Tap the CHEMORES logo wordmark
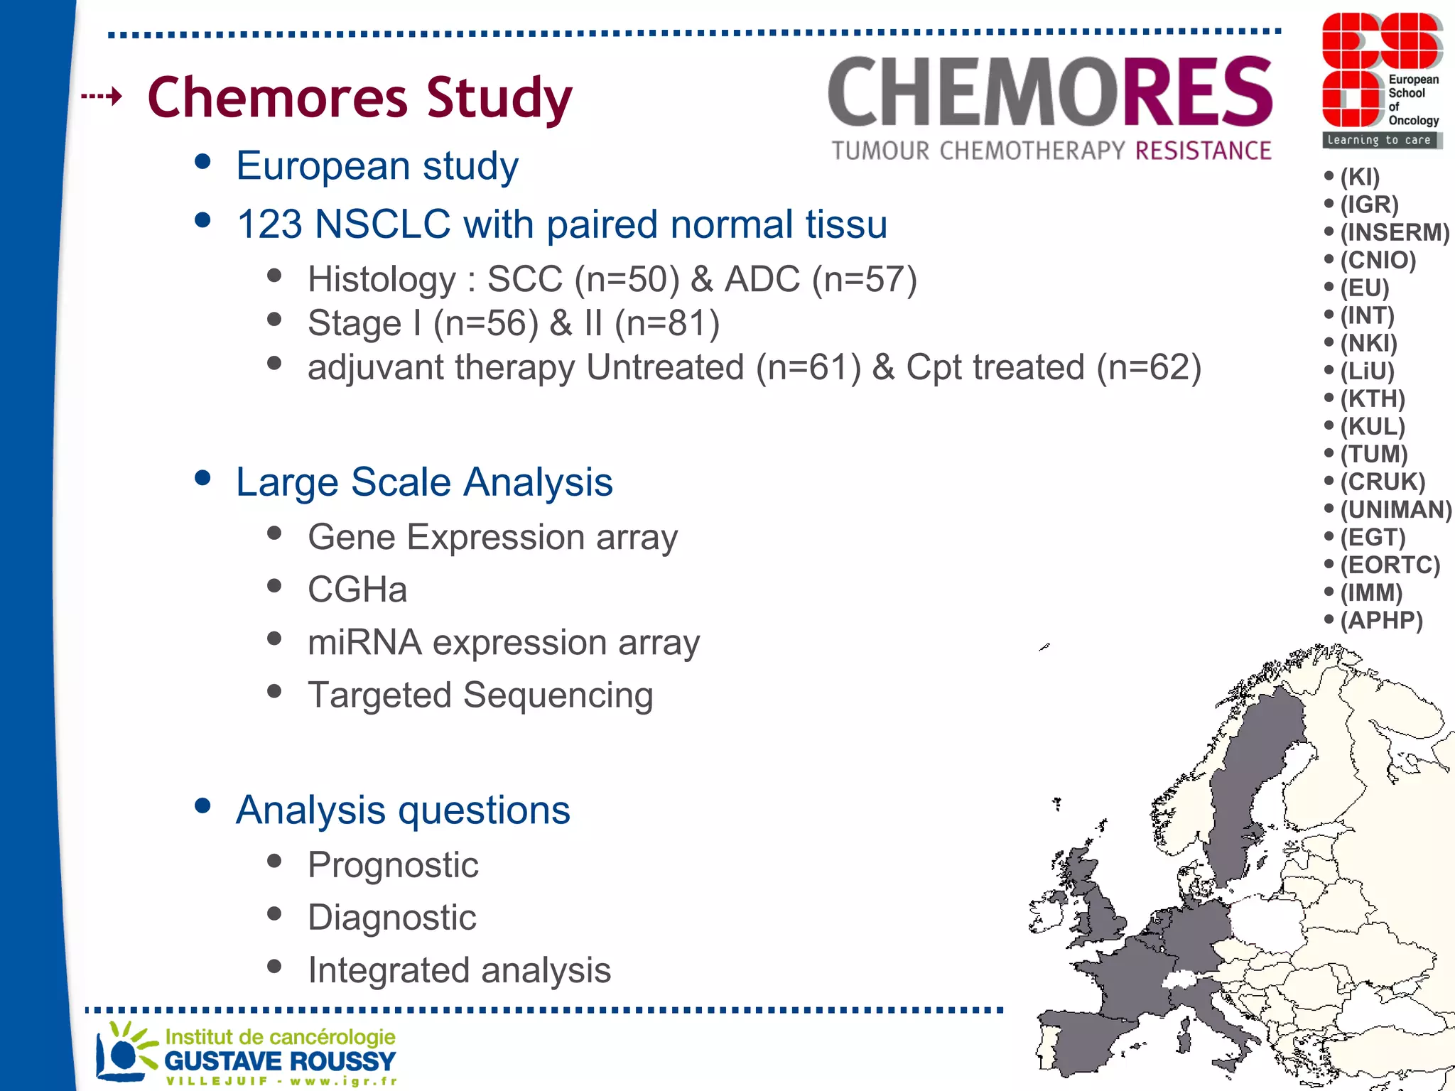tap(1050, 92)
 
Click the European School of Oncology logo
tap(1381, 80)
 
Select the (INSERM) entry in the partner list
tap(1394, 232)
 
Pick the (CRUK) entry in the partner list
tap(1382, 482)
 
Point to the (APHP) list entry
tap(1381, 620)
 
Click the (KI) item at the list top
tap(1359, 177)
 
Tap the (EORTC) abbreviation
tap(1390, 565)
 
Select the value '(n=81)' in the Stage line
tap(667, 323)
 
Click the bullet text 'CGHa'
tap(357, 590)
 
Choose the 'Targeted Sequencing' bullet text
tap(480, 695)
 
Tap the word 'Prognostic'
tap(393, 864)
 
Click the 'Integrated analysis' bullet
tap(459, 970)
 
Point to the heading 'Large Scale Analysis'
tap(424, 482)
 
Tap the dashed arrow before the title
tap(102, 95)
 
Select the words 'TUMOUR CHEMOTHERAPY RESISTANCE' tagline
tap(1051, 151)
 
